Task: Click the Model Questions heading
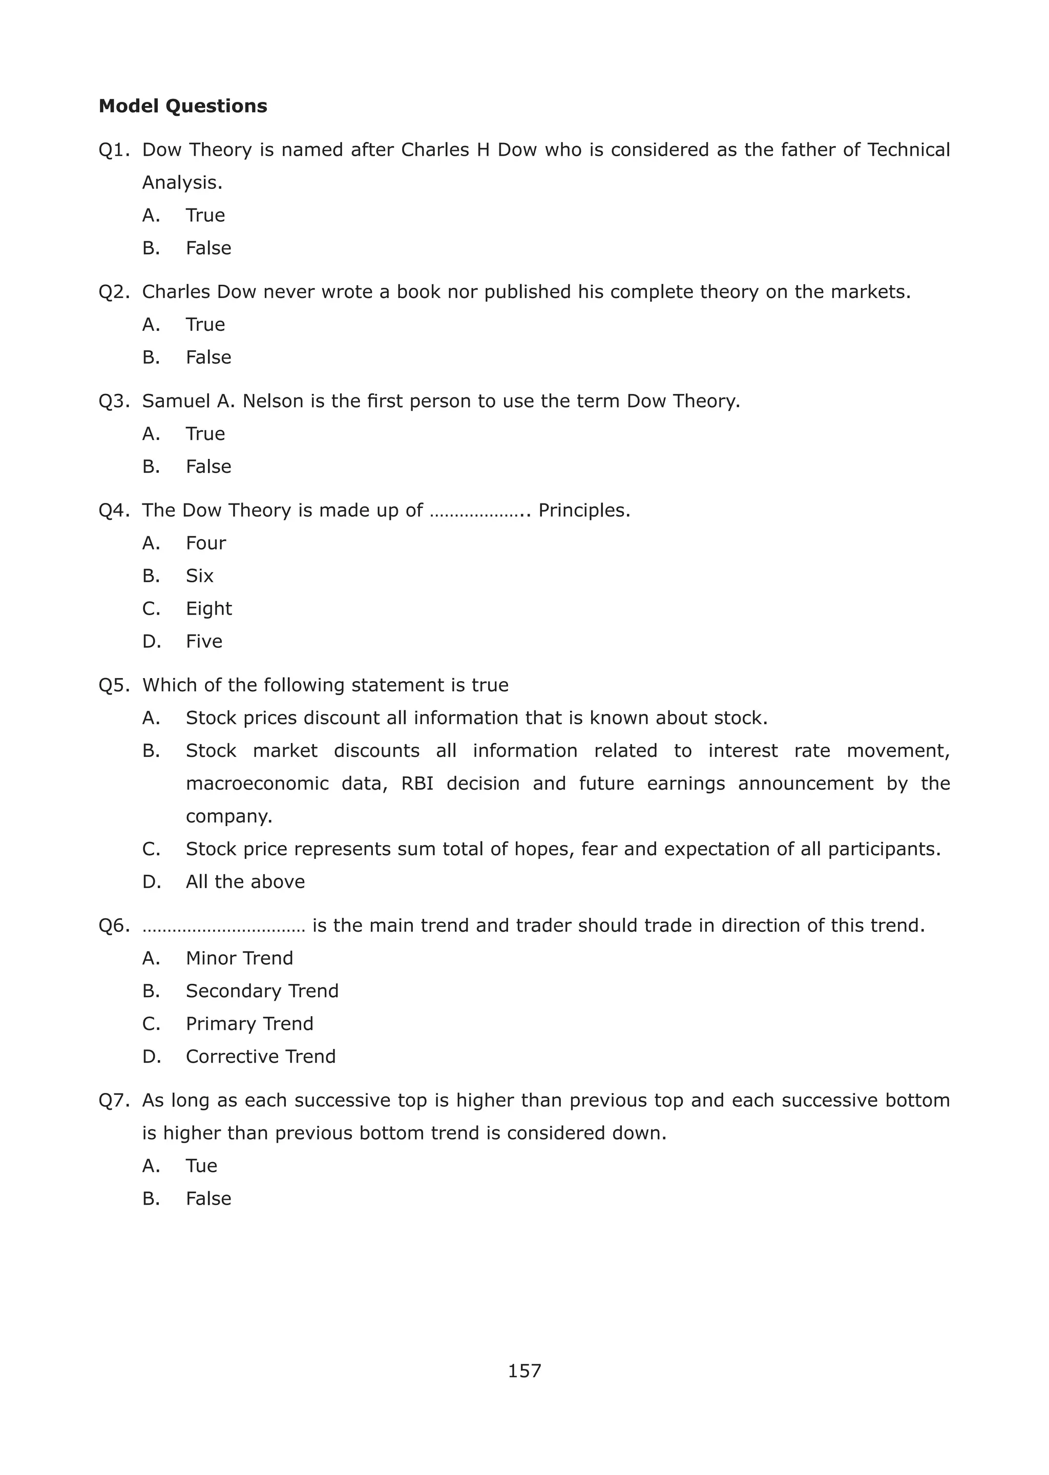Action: [x=182, y=106]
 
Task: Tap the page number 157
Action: [x=524, y=1371]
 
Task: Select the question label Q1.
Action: [x=114, y=150]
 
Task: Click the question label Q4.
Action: [x=114, y=510]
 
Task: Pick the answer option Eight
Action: [x=208, y=609]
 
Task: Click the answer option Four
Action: [x=205, y=543]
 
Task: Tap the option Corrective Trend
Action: [x=260, y=1057]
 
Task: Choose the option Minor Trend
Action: [x=239, y=958]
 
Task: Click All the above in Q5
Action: [x=245, y=881]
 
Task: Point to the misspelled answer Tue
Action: [x=201, y=1166]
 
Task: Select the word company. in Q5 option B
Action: [x=228, y=817]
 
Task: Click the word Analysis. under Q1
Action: [x=181, y=183]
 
